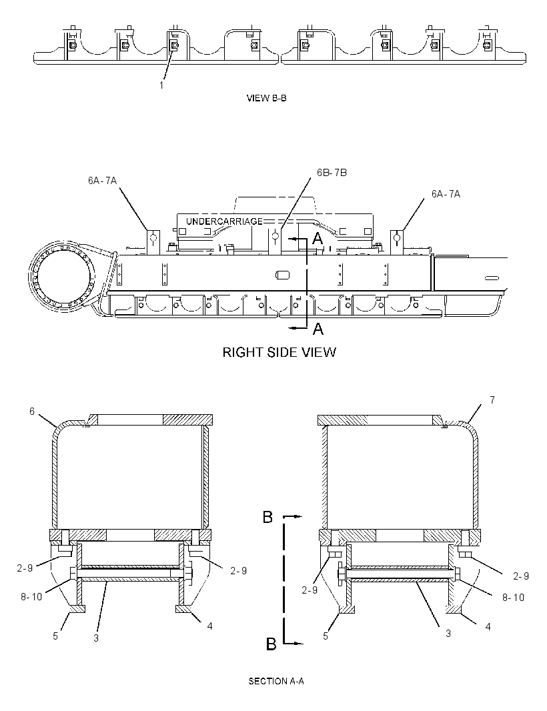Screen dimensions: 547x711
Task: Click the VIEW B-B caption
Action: (266, 98)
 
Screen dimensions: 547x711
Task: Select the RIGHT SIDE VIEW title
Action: (279, 352)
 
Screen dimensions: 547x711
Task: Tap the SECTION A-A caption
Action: (276, 681)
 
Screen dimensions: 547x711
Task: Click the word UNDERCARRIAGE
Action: (225, 221)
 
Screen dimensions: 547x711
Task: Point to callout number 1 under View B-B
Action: (161, 85)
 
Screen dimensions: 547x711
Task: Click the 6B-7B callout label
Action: (332, 173)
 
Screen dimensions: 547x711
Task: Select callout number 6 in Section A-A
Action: (32, 411)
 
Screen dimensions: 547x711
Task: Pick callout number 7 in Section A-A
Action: (492, 400)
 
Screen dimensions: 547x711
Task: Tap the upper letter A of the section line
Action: (318, 237)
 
